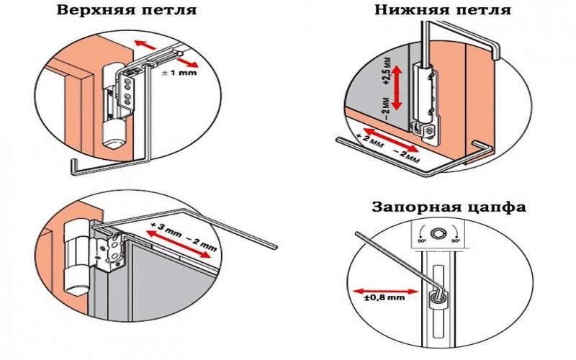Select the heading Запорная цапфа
[449, 207]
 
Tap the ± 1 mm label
[181, 73]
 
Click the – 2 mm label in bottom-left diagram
[199, 243]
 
